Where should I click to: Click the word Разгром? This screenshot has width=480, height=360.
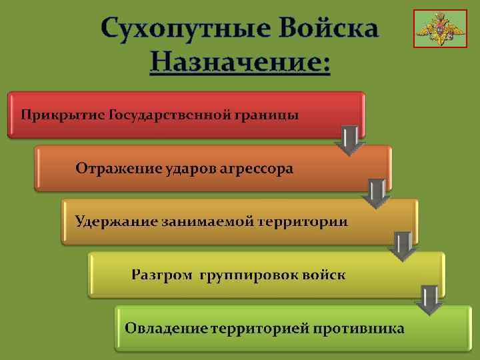161,274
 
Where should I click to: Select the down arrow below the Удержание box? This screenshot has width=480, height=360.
403,247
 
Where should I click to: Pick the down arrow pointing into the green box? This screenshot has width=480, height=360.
429,300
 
